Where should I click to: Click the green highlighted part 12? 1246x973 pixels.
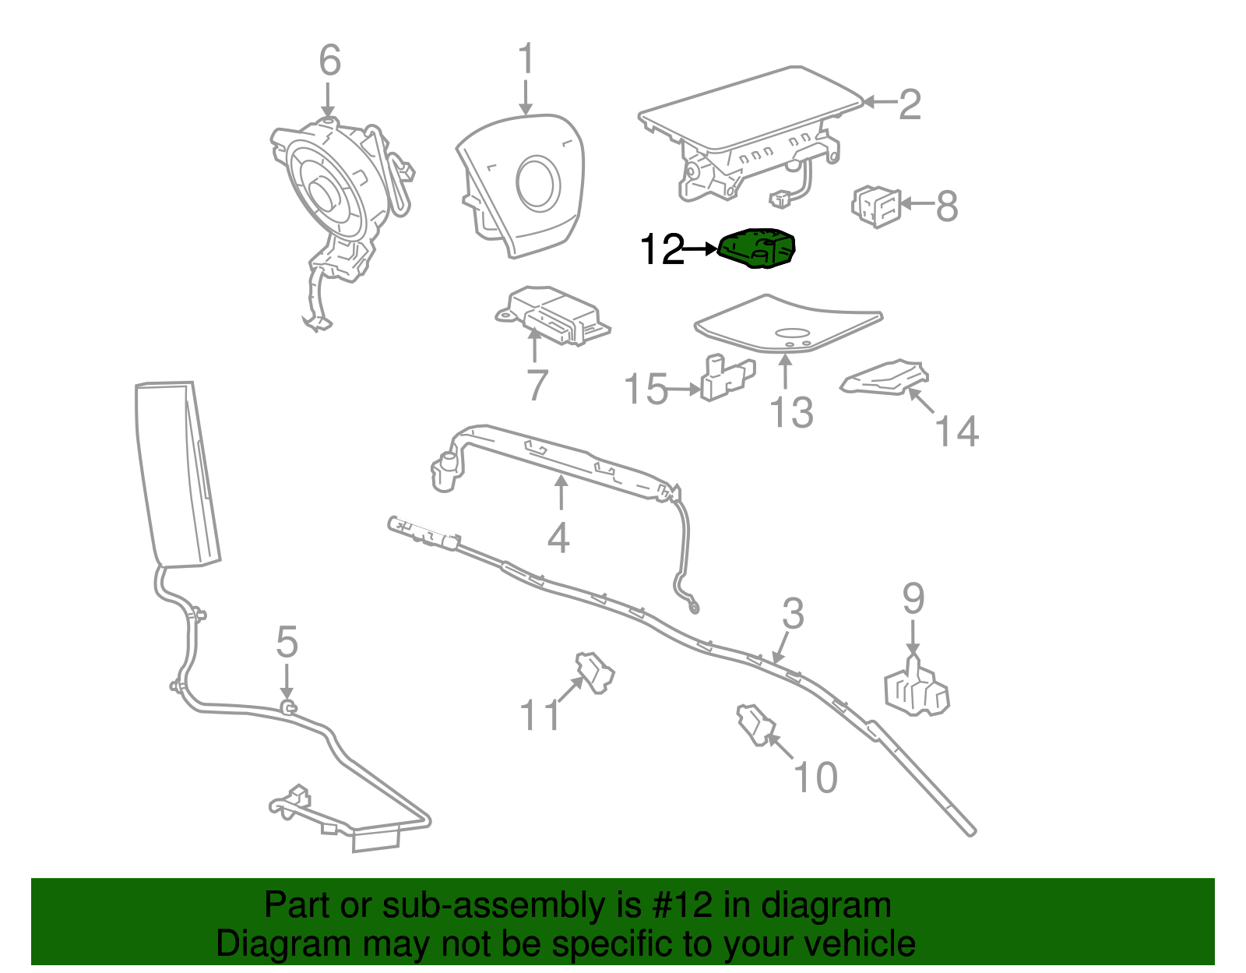click(756, 249)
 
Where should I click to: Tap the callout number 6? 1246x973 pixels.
click(329, 60)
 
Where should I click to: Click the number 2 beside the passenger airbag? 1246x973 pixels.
click(910, 104)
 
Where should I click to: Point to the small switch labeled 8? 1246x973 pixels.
click(875, 206)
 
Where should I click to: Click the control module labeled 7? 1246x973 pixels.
click(552, 315)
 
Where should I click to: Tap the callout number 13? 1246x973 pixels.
click(790, 412)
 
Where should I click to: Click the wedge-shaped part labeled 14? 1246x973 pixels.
click(884, 378)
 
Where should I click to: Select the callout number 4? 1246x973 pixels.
click(558, 538)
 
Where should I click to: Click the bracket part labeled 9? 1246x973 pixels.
click(917, 686)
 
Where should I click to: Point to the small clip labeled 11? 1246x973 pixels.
click(595, 672)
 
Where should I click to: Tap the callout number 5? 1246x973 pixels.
click(287, 642)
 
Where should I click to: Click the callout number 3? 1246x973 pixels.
click(793, 613)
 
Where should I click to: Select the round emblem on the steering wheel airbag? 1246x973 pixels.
click(538, 182)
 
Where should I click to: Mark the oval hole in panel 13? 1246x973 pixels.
click(792, 333)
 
